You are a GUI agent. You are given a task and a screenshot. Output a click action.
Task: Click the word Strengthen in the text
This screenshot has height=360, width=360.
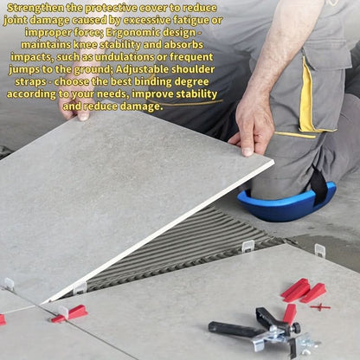(35, 8)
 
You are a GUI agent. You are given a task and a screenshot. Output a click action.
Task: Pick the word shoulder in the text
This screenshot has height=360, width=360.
(193, 69)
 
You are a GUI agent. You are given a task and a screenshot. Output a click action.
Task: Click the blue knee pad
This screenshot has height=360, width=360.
(286, 202)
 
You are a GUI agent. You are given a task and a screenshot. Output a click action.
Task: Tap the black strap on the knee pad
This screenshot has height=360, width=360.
(318, 184)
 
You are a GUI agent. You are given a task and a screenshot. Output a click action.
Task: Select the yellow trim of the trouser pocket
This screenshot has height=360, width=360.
(306, 95)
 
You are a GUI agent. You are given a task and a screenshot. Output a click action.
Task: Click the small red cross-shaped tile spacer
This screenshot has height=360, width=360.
(320, 306)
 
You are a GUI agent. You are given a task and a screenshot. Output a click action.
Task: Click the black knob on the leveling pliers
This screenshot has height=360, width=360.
(295, 327)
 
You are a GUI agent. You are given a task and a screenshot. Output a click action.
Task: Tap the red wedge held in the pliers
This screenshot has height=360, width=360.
(289, 314)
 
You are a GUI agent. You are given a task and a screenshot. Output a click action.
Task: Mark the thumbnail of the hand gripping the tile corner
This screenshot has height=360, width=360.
(247, 151)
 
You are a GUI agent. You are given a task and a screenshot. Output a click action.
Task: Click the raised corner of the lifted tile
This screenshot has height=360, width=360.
(273, 162)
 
